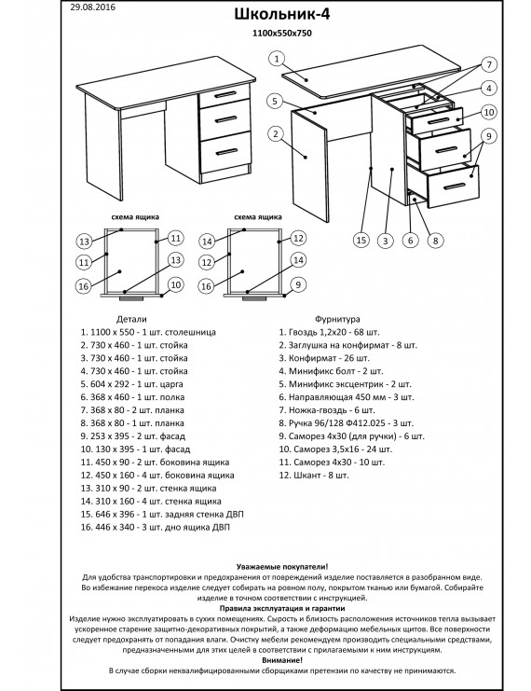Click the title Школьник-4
coord(281,14)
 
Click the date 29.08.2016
coord(93,7)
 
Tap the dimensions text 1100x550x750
coord(281,33)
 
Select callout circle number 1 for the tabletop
coord(277,59)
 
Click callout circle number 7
coord(489,64)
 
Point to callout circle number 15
coord(361,240)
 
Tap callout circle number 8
coord(435,241)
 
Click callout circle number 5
coord(275,102)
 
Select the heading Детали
coord(131,319)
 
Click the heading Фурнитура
coord(337,319)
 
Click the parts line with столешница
coord(148,332)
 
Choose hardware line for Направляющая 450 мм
coord(347,397)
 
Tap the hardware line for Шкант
coord(314,476)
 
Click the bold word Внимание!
coord(282,660)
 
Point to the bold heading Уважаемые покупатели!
coord(282,567)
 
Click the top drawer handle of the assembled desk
coord(226,95)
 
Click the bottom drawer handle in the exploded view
coord(454,187)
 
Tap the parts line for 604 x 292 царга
coord(131,384)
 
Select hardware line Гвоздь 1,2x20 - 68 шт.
coord(329,332)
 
